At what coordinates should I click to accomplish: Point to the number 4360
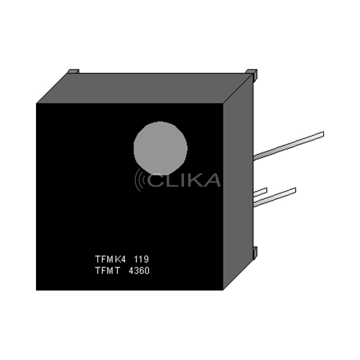click(x=138, y=271)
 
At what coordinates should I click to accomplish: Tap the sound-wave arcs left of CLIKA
click(x=140, y=180)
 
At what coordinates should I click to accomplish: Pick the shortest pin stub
click(x=260, y=192)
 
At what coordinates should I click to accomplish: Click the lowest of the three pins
click(x=274, y=197)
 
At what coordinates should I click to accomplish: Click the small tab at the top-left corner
click(x=73, y=71)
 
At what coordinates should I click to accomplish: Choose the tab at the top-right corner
click(x=252, y=74)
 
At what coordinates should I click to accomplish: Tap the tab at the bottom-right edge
click(x=255, y=252)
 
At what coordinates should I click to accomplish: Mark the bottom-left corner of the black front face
click(x=38, y=289)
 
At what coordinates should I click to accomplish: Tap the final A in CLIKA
click(x=213, y=180)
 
